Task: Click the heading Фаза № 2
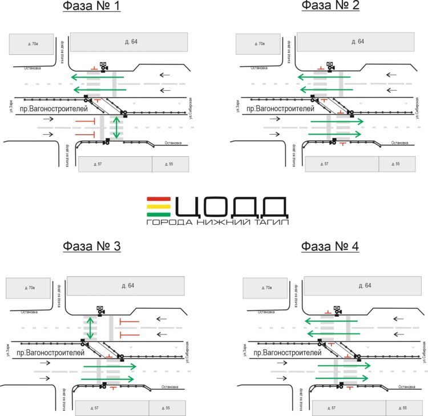329,6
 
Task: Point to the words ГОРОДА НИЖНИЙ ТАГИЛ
217,222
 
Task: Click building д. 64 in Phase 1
130,42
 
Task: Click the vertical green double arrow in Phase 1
117,127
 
